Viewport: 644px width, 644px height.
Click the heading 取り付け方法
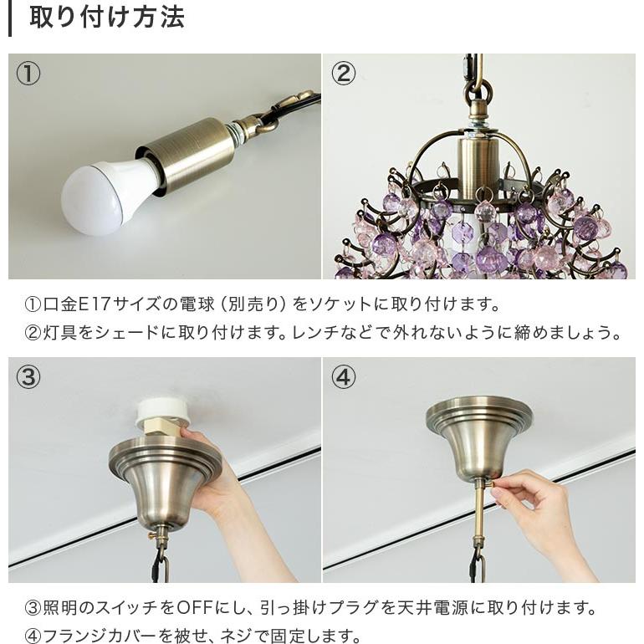tap(106, 18)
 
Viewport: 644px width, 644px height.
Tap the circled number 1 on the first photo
tap(28, 74)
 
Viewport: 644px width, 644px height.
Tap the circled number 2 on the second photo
tap(343, 74)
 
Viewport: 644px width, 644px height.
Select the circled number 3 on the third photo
tap(28, 377)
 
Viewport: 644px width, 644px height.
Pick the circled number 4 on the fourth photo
tap(343, 377)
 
